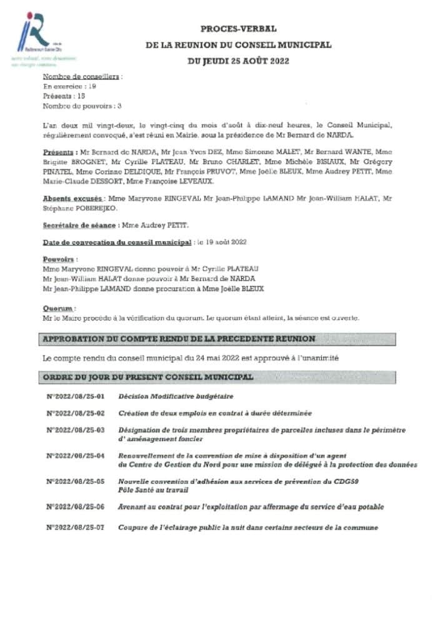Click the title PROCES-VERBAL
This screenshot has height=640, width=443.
coord(238,29)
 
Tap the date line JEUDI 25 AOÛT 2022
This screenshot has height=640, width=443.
coord(238,61)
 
